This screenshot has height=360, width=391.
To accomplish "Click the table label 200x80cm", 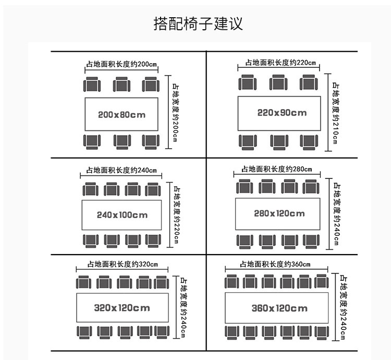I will [122, 114].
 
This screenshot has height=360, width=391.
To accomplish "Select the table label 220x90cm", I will [282, 112].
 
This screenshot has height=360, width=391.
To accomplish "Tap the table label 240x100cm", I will [122, 214].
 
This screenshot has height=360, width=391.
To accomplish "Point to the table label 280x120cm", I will [279, 213].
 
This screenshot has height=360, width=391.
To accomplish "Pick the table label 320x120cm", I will [122, 308].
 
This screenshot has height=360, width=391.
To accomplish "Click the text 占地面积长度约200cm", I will [121, 65].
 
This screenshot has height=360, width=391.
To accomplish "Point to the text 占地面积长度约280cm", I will [276, 169].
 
